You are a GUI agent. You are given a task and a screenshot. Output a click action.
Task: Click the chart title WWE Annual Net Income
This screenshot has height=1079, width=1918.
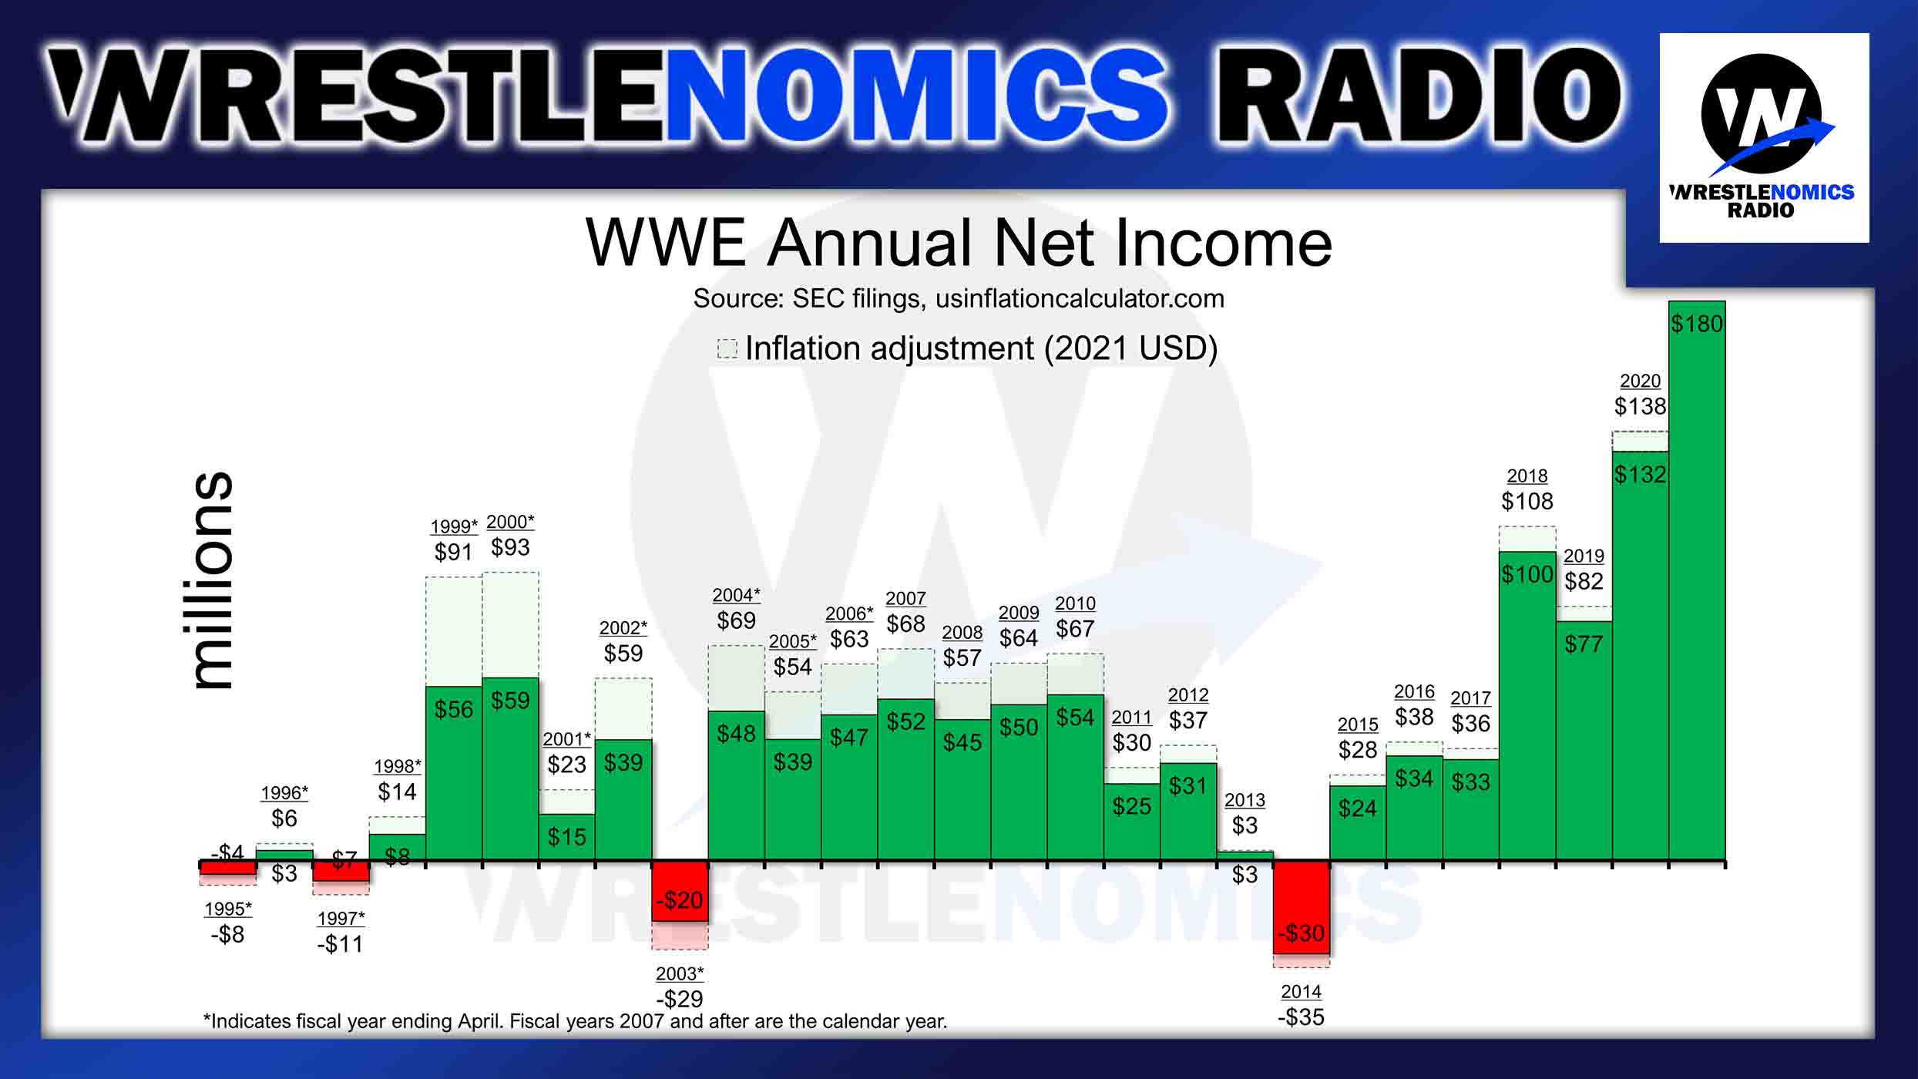pyautogui.click(x=958, y=244)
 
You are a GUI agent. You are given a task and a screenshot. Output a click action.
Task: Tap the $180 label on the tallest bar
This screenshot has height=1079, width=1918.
pyautogui.click(x=1696, y=324)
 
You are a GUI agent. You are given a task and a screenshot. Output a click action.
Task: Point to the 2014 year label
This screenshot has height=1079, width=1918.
pyautogui.click(x=1301, y=992)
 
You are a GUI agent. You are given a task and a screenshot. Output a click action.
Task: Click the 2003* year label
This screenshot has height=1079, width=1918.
pyautogui.click(x=680, y=973)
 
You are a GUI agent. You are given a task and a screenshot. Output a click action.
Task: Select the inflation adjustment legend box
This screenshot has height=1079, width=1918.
pyautogui.click(x=727, y=348)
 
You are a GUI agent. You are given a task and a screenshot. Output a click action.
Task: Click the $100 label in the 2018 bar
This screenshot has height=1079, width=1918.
pyautogui.click(x=1527, y=574)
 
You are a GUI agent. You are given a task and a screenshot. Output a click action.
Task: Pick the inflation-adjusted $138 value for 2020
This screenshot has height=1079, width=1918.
pyautogui.click(x=1640, y=406)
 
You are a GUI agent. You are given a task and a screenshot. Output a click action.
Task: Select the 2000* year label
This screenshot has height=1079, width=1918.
pyautogui.click(x=510, y=522)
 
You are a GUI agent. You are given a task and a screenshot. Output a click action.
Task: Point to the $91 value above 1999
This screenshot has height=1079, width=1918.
pyautogui.click(x=453, y=552)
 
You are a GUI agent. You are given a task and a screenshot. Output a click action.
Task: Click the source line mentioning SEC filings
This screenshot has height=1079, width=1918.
pyautogui.click(x=958, y=299)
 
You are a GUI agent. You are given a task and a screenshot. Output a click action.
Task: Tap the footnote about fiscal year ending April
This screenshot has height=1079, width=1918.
pyautogui.click(x=575, y=1021)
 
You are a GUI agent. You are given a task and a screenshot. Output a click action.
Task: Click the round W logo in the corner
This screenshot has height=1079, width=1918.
pyautogui.click(x=1762, y=114)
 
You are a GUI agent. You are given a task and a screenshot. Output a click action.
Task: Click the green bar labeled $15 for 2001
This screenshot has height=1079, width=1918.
pyautogui.click(x=566, y=837)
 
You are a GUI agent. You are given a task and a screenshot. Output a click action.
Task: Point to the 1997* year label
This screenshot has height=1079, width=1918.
pyautogui.click(x=341, y=919)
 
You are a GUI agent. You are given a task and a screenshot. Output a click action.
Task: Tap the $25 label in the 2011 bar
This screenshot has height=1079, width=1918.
pyautogui.click(x=1131, y=807)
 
